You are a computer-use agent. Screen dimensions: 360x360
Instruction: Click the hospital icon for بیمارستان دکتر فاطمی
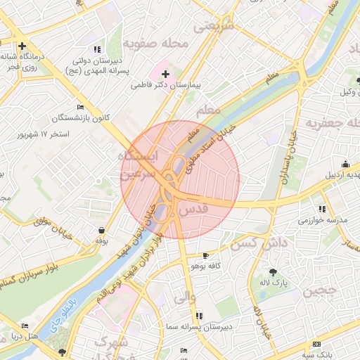click(x=166, y=73)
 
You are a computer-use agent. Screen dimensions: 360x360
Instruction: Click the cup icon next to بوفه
click(x=103, y=230)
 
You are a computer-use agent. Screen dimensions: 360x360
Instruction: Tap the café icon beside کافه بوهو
click(x=205, y=255)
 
